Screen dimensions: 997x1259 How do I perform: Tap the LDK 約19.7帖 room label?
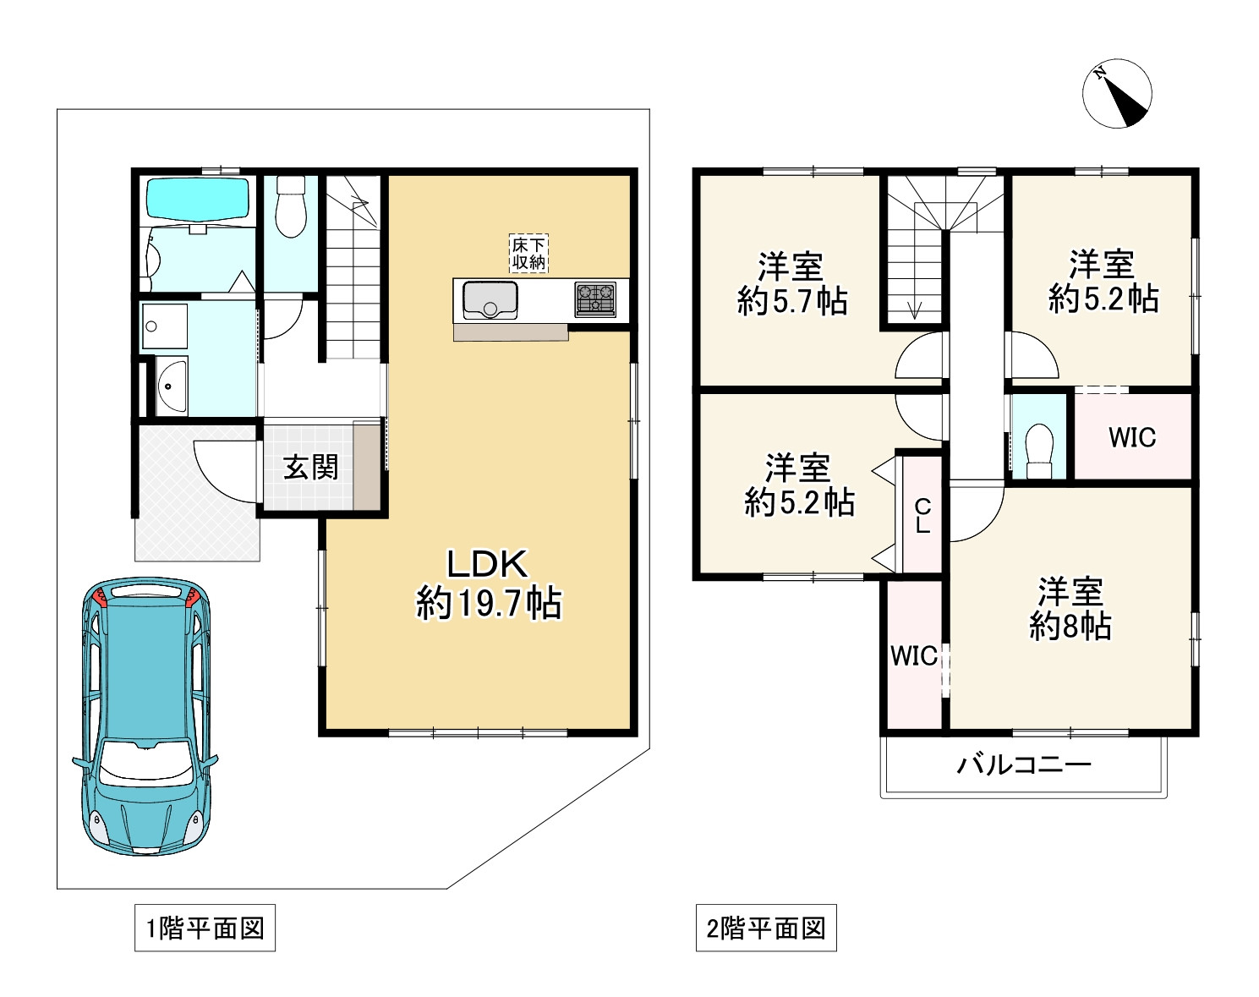click(488, 583)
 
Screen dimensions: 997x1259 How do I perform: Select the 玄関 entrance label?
click(310, 467)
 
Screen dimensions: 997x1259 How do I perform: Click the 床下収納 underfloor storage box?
click(528, 254)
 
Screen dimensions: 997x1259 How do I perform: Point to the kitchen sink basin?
click(490, 300)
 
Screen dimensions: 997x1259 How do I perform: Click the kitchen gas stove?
click(595, 299)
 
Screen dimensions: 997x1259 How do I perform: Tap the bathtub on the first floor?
click(198, 198)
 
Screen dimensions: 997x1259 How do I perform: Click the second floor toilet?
click(1037, 448)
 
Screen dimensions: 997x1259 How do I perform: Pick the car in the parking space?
click(145, 715)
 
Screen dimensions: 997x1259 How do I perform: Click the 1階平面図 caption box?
click(205, 929)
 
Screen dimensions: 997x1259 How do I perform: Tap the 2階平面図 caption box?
click(765, 929)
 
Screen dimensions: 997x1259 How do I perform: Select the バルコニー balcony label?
click(1024, 765)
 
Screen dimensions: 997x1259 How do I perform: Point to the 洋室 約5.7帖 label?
click(791, 284)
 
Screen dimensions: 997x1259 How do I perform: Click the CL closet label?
click(922, 515)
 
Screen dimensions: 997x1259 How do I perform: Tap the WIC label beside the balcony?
click(913, 655)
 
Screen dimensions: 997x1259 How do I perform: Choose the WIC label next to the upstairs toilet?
click(1131, 437)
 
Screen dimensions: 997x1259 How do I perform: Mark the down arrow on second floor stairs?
click(914, 309)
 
